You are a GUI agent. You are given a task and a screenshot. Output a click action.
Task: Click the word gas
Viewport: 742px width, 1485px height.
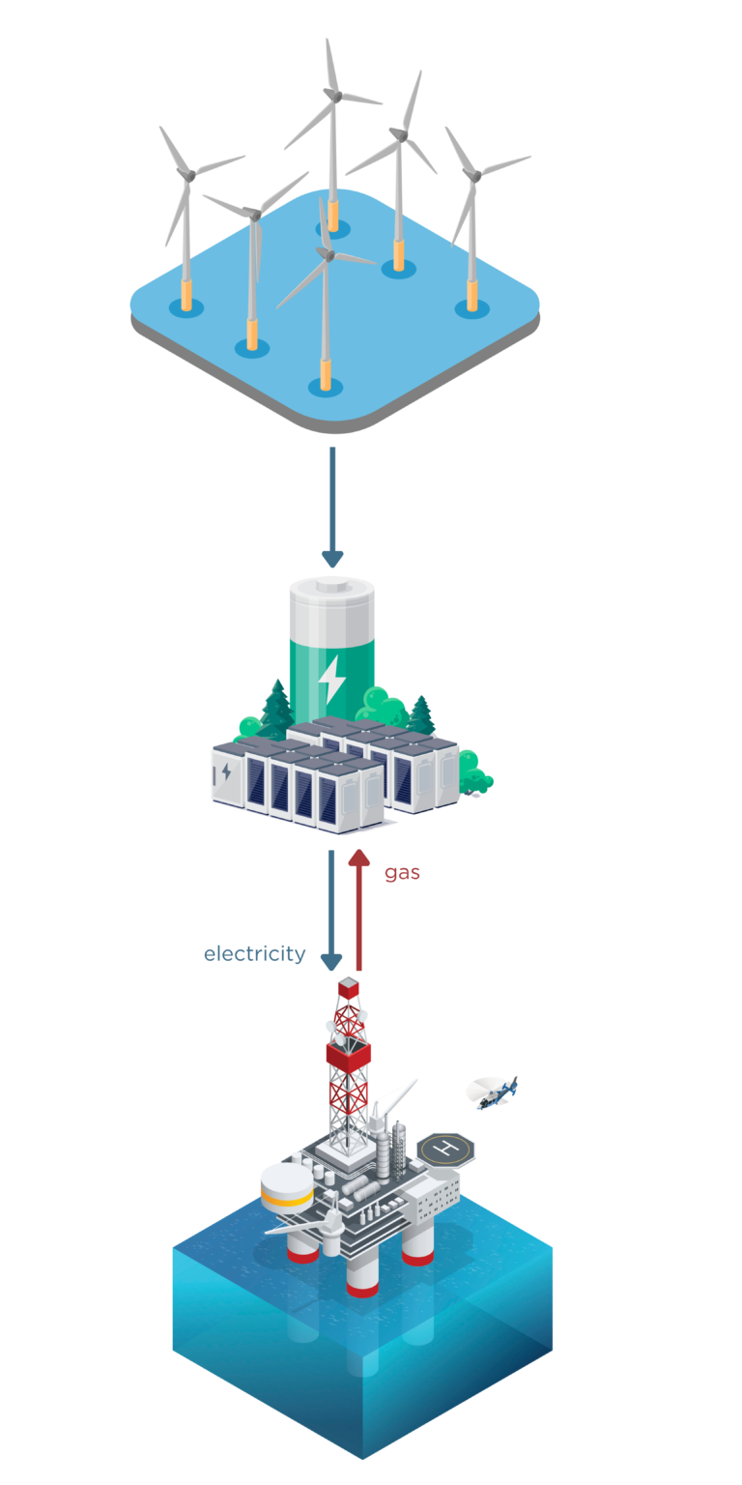[x=402, y=873]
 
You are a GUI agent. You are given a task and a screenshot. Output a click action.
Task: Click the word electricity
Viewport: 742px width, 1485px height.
[x=254, y=954]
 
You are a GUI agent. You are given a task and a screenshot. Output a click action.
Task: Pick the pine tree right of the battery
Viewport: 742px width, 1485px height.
[x=422, y=713]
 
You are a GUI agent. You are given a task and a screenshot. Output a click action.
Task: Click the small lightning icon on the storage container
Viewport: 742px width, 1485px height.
[x=226, y=772]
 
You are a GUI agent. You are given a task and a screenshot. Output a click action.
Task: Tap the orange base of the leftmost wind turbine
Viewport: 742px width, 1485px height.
[x=186, y=295]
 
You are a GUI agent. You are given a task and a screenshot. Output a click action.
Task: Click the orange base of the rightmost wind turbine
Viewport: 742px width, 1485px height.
[x=471, y=296]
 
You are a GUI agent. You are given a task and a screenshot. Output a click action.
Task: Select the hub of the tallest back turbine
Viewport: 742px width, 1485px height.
[x=331, y=94]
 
